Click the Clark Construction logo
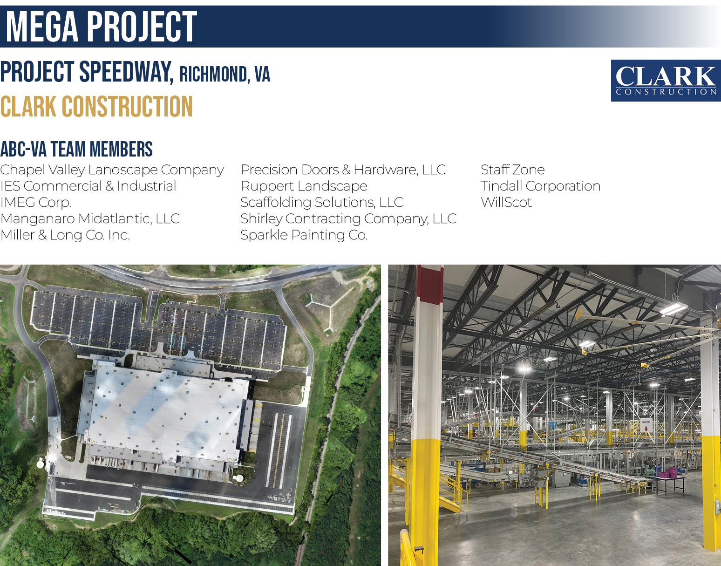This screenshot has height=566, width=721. coord(666,81)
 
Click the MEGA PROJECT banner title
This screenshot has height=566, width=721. coord(102,27)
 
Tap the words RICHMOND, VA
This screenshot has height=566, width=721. coord(224,74)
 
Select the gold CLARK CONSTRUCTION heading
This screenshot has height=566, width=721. coord(96,107)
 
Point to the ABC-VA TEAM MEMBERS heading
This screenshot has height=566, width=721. coord(76,149)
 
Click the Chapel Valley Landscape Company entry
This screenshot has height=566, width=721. coord(112,170)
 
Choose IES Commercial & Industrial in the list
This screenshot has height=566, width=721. coord(88,186)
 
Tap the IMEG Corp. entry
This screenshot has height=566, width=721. coord(36,202)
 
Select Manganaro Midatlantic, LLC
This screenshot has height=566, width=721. coord(90,218)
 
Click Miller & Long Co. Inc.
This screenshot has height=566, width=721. coord(65,235)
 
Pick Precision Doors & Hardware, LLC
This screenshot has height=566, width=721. coord(343,170)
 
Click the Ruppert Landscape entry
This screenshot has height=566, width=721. coord(304,186)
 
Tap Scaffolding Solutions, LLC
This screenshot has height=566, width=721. coord(322,202)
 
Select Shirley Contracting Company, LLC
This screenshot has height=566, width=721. coord(348,218)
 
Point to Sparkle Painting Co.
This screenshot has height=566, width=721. coord(304,235)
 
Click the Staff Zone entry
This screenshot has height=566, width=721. coord(513,170)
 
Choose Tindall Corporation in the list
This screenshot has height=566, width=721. coord(540,186)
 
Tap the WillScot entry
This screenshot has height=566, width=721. coord(506,202)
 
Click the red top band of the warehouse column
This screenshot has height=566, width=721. coord(430,284)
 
